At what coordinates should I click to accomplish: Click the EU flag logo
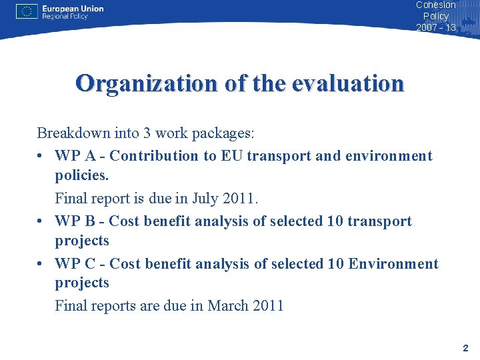click(x=27, y=11)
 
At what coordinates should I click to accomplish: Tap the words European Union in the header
click(x=73, y=9)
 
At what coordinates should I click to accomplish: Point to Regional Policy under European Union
click(x=65, y=17)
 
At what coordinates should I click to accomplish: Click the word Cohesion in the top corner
click(x=435, y=5)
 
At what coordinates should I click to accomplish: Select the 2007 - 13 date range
click(x=436, y=27)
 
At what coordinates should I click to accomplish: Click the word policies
click(x=81, y=175)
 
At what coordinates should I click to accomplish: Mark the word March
click(x=229, y=306)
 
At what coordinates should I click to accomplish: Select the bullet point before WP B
click(x=41, y=222)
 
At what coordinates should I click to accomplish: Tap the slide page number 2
click(x=465, y=348)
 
